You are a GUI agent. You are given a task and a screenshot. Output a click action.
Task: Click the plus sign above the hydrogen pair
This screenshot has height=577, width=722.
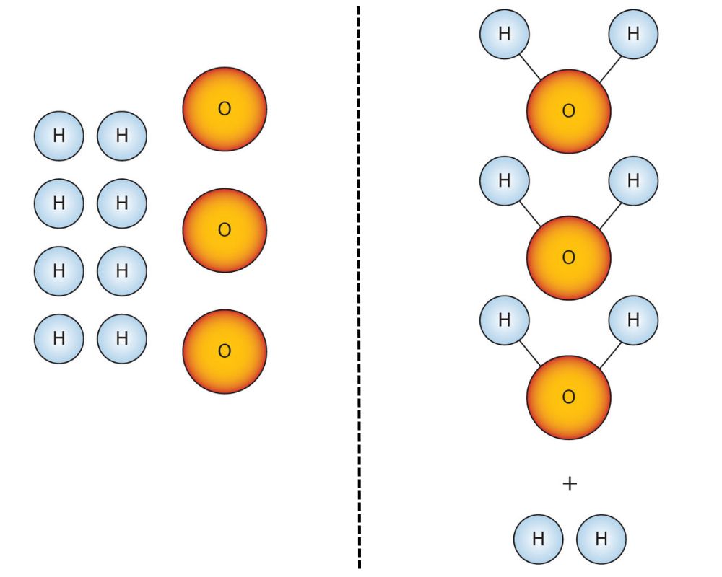click(570, 484)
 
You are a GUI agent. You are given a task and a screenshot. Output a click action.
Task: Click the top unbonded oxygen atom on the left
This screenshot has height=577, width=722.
click(225, 109)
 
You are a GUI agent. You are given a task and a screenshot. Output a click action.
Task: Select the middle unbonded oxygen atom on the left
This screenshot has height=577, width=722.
click(225, 230)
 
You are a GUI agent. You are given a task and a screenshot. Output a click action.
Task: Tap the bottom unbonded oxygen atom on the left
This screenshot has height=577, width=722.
click(225, 351)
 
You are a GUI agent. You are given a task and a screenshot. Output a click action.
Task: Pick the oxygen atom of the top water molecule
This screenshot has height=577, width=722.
click(569, 111)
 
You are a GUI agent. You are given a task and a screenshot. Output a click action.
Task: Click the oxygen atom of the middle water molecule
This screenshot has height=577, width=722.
click(569, 257)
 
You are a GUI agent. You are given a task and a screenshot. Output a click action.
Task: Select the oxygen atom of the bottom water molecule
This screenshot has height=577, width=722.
click(569, 397)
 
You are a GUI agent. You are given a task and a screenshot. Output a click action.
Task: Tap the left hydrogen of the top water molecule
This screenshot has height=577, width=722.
click(505, 34)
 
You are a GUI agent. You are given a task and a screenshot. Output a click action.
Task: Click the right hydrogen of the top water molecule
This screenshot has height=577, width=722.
click(633, 34)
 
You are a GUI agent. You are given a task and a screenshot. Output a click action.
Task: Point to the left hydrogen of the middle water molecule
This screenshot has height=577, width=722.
click(505, 181)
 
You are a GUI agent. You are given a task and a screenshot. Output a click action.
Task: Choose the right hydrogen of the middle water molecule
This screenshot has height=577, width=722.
click(633, 181)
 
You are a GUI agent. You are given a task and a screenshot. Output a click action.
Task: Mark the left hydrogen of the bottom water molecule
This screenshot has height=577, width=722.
click(505, 320)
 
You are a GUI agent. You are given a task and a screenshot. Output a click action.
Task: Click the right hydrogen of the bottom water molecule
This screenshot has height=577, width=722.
click(633, 320)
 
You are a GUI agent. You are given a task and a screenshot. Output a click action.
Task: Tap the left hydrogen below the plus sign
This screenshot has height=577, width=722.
click(538, 538)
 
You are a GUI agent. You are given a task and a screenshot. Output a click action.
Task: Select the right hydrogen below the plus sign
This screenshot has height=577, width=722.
click(601, 538)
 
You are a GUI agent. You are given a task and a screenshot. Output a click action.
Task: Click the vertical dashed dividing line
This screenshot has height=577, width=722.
click(358, 288)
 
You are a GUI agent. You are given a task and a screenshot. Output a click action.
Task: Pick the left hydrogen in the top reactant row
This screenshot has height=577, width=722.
click(59, 135)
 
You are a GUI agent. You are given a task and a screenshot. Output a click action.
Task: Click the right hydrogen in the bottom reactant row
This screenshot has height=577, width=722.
click(122, 338)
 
